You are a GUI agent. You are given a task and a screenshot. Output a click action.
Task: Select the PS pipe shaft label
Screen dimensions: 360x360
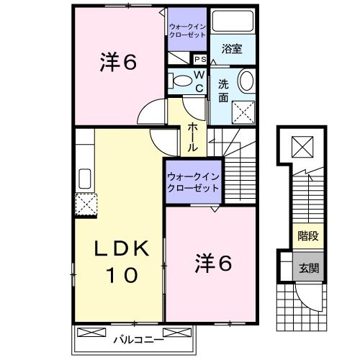point(199,59)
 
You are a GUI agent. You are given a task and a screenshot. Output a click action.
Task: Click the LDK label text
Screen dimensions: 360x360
point(124,249)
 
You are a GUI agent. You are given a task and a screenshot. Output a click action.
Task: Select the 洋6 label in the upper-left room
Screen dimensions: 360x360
point(117,63)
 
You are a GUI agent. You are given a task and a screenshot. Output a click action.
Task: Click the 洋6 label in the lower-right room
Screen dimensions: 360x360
point(213,264)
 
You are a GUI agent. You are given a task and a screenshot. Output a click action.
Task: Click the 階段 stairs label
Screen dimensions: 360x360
point(308,235)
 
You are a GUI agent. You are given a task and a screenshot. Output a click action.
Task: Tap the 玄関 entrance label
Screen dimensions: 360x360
point(308,268)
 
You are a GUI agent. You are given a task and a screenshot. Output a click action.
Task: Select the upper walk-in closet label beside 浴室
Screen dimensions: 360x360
point(187,30)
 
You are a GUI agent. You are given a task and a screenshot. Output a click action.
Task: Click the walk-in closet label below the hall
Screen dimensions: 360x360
point(193,181)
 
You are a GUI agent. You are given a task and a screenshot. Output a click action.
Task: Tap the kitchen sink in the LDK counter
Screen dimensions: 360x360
point(84,177)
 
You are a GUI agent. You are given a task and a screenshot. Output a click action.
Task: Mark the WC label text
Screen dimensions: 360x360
point(199,81)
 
